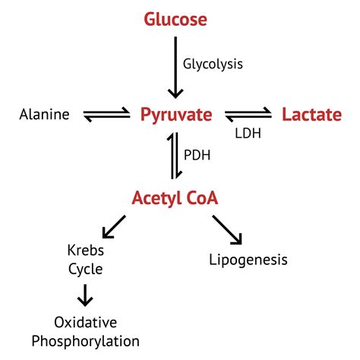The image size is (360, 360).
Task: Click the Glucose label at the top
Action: pyautogui.click(x=175, y=18)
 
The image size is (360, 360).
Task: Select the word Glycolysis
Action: pyautogui.click(x=213, y=64)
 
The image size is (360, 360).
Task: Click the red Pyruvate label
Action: pyautogui.click(x=175, y=115)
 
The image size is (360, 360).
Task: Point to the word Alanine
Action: pyautogui.click(x=45, y=115)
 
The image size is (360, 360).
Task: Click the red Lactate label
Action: pyautogui.click(x=311, y=115)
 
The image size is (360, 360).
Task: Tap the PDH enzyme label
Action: pyautogui.click(x=197, y=155)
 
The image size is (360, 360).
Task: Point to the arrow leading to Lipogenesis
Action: pyautogui.click(x=227, y=229)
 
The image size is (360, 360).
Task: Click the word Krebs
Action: pyautogui.click(x=84, y=251)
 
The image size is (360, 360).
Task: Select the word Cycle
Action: pyautogui.click(x=84, y=268)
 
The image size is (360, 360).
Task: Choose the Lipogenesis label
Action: pyautogui.click(x=248, y=261)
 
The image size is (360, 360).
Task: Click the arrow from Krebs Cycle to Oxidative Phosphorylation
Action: pyautogui.click(x=85, y=295)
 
